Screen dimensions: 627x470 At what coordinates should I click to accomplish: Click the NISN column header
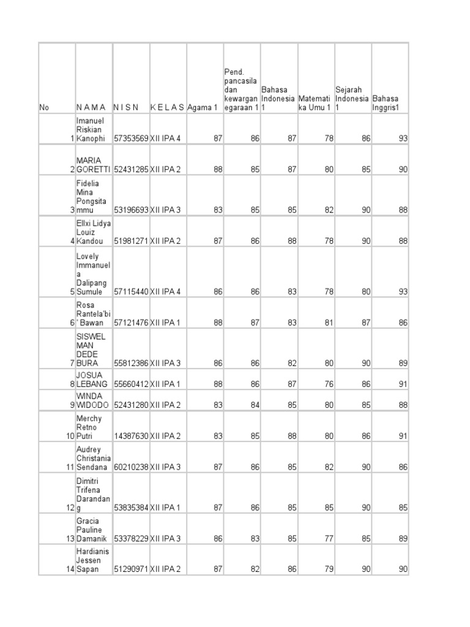[126, 107]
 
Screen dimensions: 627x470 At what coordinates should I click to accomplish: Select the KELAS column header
[167, 107]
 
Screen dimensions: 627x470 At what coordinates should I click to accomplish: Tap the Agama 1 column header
[202, 107]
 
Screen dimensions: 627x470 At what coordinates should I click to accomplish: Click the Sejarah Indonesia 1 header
[352, 98]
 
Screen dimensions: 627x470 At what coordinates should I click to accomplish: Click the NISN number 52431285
[131, 170]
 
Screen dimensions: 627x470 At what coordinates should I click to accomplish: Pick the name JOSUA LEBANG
[91, 380]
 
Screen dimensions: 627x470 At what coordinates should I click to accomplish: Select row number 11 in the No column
[70, 467]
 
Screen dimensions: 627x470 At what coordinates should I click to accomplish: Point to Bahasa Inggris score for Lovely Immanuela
[403, 292]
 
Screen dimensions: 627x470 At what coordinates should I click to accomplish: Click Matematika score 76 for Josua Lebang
[329, 384]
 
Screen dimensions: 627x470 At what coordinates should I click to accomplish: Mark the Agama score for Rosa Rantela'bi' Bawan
[218, 323]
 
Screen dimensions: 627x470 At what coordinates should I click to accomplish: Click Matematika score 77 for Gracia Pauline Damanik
[329, 539]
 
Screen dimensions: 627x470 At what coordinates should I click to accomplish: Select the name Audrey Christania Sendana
[93, 459]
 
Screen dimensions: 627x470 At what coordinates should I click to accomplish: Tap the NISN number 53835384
[131, 508]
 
